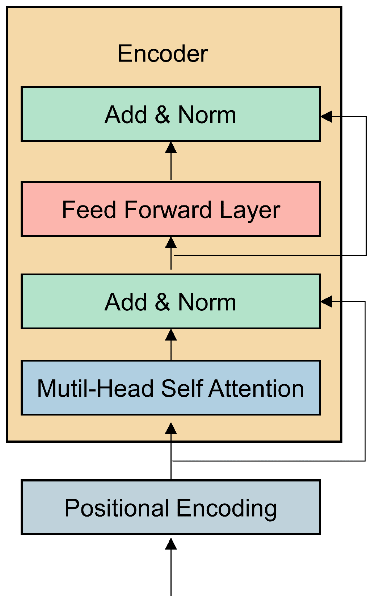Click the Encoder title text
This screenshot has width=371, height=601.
[x=163, y=54]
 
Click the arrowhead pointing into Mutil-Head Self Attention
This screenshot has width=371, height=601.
[x=171, y=428]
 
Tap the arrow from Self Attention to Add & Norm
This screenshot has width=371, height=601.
[x=171, y=344]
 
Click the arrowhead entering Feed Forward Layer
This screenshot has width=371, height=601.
[x=171, y=243]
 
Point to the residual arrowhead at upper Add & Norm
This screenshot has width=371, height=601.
[x=326, y=117]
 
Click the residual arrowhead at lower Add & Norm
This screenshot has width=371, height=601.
[x=326, y=301]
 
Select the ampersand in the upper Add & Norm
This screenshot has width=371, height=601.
[x=162, y=114]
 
